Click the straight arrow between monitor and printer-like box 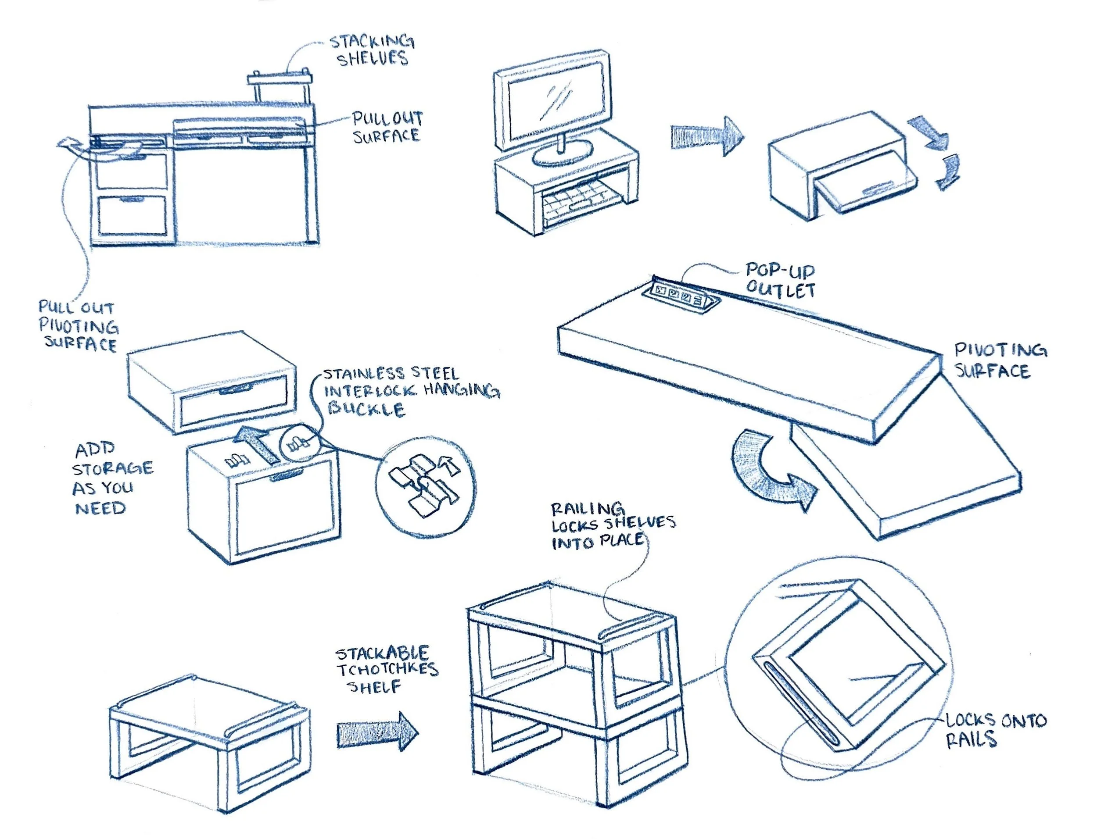pyautogui.click(x=706, y=136)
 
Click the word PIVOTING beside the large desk pyautogui.click(x=1000, y=350)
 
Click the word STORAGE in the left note pyautogui.click(x=113, y=468)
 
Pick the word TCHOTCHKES pyautogui.click(x=387, y=670)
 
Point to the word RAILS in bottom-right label pyautogui.click(x=971, y=740)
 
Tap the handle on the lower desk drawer pyautogui.click(x=132, y=199)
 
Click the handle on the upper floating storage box pyautogui.click(x=234, y=389)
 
